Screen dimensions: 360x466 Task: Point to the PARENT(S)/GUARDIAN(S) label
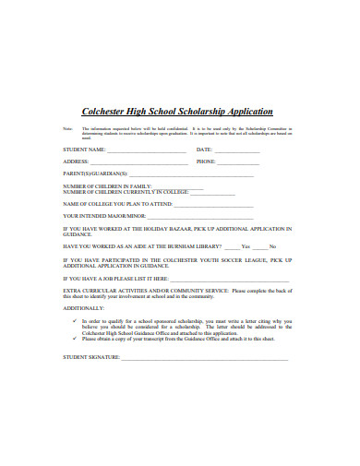click(x=95, y=173)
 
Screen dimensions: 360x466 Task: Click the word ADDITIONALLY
click(x=83, y=307)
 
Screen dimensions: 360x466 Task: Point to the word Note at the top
click(x=67, y=128)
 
